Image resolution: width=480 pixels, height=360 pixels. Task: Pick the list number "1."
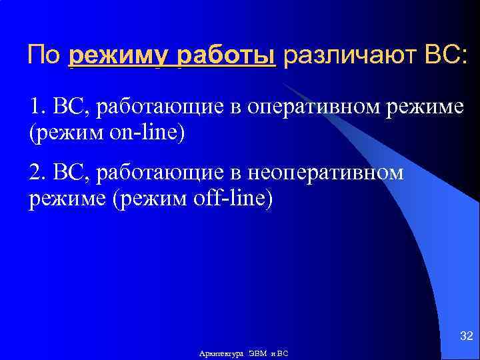[37, 107]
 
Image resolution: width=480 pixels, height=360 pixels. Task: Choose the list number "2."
[38, 173]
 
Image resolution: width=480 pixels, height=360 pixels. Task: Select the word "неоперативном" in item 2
[325, 173]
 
